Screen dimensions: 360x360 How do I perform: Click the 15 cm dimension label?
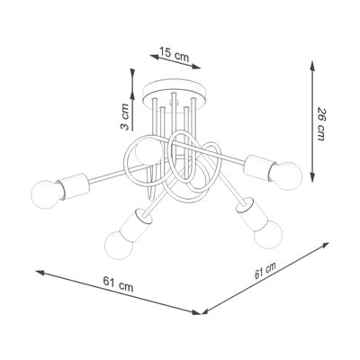coord(174,54)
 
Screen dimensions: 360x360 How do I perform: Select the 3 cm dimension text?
coord(124,117)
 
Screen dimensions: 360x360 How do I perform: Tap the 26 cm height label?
coord(320,124)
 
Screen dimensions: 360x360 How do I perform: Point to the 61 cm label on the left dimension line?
coord(118,284)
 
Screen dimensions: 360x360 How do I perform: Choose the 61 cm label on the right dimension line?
coord(265,271)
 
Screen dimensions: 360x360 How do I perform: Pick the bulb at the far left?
coord(47,194)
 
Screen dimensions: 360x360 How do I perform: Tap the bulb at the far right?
coord(286,176)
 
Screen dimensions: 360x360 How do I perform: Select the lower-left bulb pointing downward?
coord(119,245)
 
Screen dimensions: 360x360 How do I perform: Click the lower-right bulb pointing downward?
coord(268,235)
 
